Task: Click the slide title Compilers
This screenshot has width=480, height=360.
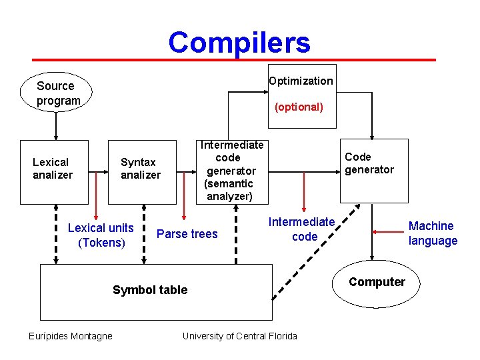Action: [x=239, y=43]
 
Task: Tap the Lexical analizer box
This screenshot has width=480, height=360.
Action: [x=54, y=171]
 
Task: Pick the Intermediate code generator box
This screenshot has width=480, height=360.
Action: [x=230, y=171]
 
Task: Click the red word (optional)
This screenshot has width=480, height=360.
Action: [x=299, y=107]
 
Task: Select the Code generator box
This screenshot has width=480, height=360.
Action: [x=373, y=171]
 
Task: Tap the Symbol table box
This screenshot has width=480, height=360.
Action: [x=157, y=291]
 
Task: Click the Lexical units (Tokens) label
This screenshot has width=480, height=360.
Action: [x=101, y=235]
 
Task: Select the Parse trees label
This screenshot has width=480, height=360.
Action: [x=187, y=233]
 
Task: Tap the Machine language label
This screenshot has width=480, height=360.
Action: [x=433, y=233]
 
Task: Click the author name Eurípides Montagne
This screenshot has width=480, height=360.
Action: [x=71, y=336]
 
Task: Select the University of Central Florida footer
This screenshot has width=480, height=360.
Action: [x=240, y=336]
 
